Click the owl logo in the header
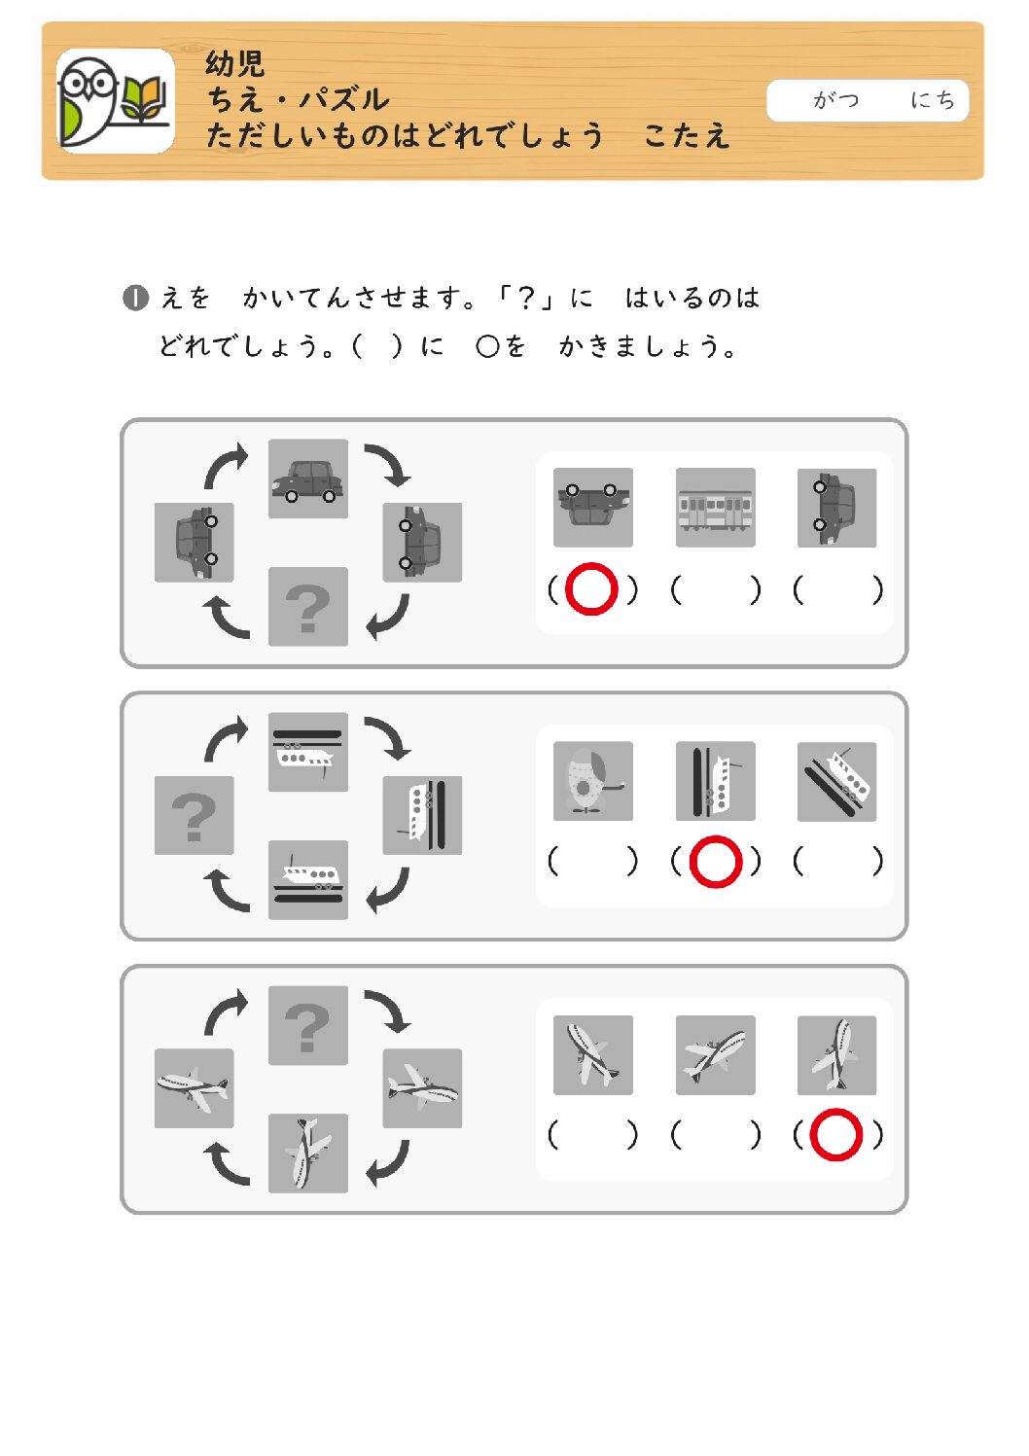coord(89,101)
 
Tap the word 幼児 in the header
coord(234,63)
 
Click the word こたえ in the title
coord(687,136)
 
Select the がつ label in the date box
coord(835,100)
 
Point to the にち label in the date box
coord(933,100)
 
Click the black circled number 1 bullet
coord(135,299)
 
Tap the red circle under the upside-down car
coord(591,588)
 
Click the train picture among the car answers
coord(715,507)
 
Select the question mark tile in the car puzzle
coord(308,607)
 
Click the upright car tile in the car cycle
coord(308,479)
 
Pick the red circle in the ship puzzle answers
coord(716,862)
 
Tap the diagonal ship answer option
coord(836,781)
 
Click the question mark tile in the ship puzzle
coord(194,815)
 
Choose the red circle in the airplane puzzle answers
coord(835,1135)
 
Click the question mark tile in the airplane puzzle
coord(308,1025)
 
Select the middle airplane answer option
coord(715,1055)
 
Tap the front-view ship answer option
coord(593,781)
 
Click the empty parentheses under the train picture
coord(715,590)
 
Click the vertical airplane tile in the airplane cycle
coord(308,1154)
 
